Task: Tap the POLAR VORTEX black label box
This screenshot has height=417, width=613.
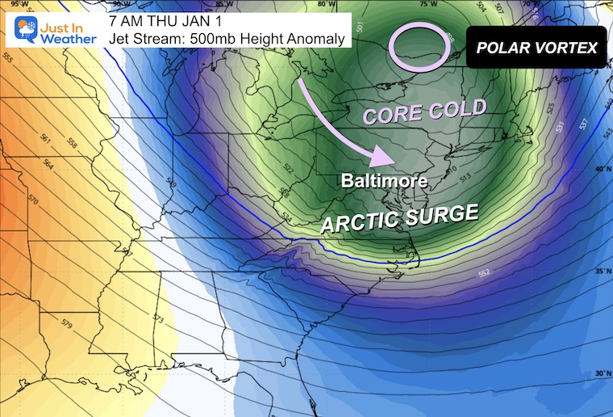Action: [537, 48]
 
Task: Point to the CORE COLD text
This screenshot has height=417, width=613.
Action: [424, 112]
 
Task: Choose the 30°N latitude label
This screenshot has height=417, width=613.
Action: [601, 374]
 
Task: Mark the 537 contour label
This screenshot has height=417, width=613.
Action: [584, 123]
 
